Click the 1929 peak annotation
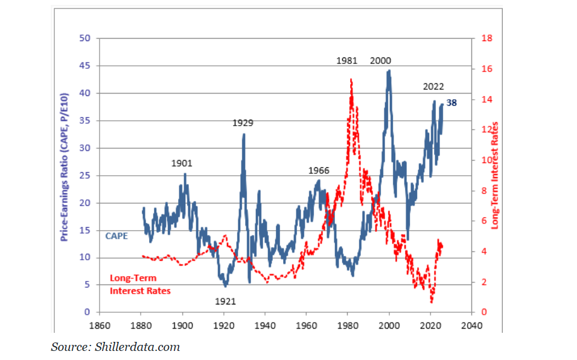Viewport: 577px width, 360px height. [243, 123]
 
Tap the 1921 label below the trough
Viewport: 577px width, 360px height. [225, 301]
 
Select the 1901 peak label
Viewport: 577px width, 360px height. [182, 163]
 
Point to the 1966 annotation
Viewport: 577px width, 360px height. [319, 170]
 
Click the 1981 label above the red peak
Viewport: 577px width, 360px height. [347, 60]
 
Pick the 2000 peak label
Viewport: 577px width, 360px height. [380, 60]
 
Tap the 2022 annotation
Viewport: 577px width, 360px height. [433, 86]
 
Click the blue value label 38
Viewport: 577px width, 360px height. [451, 103]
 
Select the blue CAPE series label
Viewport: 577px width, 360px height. [116, 236]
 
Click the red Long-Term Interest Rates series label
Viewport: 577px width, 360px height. [140, 284]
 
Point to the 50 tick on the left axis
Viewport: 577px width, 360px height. [85, 38]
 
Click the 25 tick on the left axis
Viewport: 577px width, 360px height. [85, 175]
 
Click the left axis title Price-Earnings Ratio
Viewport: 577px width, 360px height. [65, 167]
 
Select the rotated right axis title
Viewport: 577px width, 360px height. [495, 175]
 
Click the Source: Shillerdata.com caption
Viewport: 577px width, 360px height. [115, 347]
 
